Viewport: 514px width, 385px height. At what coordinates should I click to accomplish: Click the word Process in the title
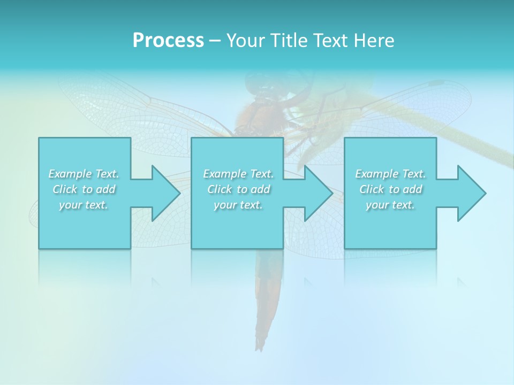tap(168, 41)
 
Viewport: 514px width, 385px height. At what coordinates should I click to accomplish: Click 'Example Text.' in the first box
tap(84, 174)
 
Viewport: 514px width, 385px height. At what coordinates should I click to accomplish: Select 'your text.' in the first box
tap(84, 205)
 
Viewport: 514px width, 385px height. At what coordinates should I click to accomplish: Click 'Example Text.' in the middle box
tap(238, 174)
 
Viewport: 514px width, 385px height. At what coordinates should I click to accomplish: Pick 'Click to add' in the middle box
tap(238, 189)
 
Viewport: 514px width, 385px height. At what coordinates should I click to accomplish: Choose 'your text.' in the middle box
tap(238, 205)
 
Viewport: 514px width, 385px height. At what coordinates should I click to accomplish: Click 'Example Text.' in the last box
tap(390, 174)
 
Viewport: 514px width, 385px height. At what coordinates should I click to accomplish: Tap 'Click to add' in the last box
tap(390, 189)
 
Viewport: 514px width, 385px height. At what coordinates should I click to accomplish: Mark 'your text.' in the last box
tap(390, 205)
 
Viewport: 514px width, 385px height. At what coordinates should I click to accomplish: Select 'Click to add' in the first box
tap(84, 189)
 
